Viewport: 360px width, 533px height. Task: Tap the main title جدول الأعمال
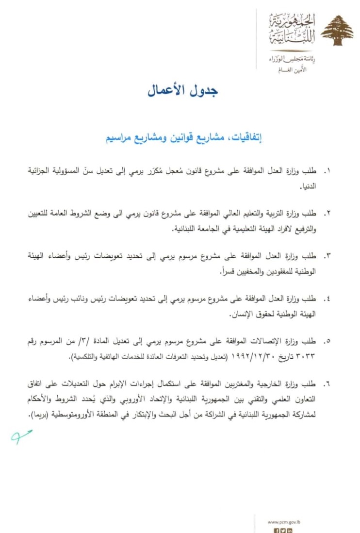click(183, 91)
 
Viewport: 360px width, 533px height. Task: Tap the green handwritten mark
click(22, 435)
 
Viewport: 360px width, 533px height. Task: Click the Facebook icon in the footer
click(277, 530)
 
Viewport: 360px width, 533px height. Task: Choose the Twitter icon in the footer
click(283, 530)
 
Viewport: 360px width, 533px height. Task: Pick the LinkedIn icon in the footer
click(290, 530)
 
